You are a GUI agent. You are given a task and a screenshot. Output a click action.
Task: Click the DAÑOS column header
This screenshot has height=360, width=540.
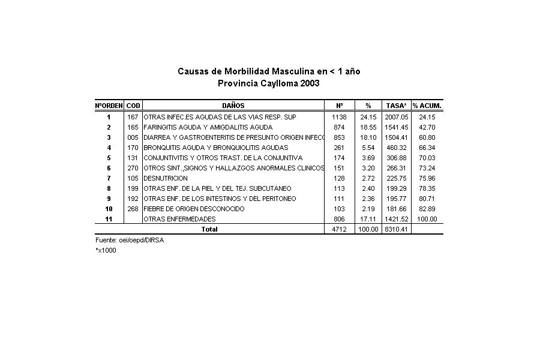(233, 106)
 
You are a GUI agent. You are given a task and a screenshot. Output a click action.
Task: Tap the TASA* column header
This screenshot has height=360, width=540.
(396, 106)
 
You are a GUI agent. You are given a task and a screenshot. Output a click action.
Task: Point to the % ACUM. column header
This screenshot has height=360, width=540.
(427, 106)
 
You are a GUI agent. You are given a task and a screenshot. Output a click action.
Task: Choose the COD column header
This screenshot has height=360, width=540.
(133, 106)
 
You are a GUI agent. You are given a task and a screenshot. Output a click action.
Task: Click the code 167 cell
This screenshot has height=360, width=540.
(133, 117)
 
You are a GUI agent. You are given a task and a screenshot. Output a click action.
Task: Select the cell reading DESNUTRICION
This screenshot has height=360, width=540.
(166, 178)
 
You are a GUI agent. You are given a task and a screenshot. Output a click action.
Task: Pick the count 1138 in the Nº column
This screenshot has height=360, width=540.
(339, 117)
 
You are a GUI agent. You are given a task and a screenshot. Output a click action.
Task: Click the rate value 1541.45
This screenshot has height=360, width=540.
(396, 127)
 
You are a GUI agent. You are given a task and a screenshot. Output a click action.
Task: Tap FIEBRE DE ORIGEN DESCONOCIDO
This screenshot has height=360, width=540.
(194, 209)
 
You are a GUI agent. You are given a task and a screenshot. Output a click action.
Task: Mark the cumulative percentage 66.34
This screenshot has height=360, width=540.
(427, 148)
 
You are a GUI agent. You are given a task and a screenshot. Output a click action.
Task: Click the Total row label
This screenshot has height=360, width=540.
(209, 229)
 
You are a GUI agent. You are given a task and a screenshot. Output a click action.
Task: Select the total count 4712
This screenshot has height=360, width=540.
(339, 229)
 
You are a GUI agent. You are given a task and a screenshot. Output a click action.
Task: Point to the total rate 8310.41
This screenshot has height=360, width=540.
(396, 229)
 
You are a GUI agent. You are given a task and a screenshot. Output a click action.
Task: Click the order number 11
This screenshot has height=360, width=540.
(109, 219)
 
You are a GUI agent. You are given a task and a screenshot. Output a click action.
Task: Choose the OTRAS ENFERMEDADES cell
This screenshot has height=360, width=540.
(179, 219)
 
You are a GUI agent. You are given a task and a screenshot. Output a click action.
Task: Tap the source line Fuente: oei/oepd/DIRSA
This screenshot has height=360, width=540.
(130, 240)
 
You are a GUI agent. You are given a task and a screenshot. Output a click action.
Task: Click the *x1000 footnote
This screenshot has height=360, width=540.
(106, 250)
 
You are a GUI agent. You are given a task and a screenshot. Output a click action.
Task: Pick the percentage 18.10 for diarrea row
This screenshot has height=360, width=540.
(368, 137)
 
